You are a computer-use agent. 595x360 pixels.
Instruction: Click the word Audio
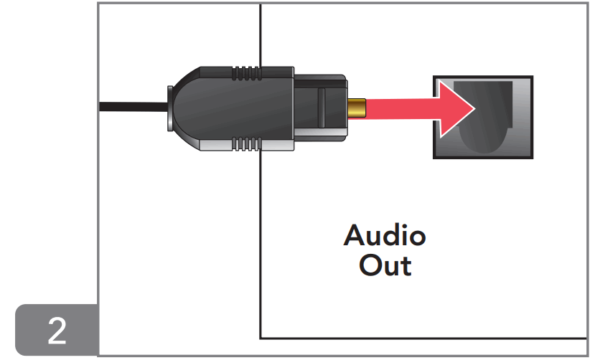tap(384, 236)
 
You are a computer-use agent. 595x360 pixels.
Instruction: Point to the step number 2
tap(57, 331)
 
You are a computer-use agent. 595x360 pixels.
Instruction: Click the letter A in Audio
tap(355, 236)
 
